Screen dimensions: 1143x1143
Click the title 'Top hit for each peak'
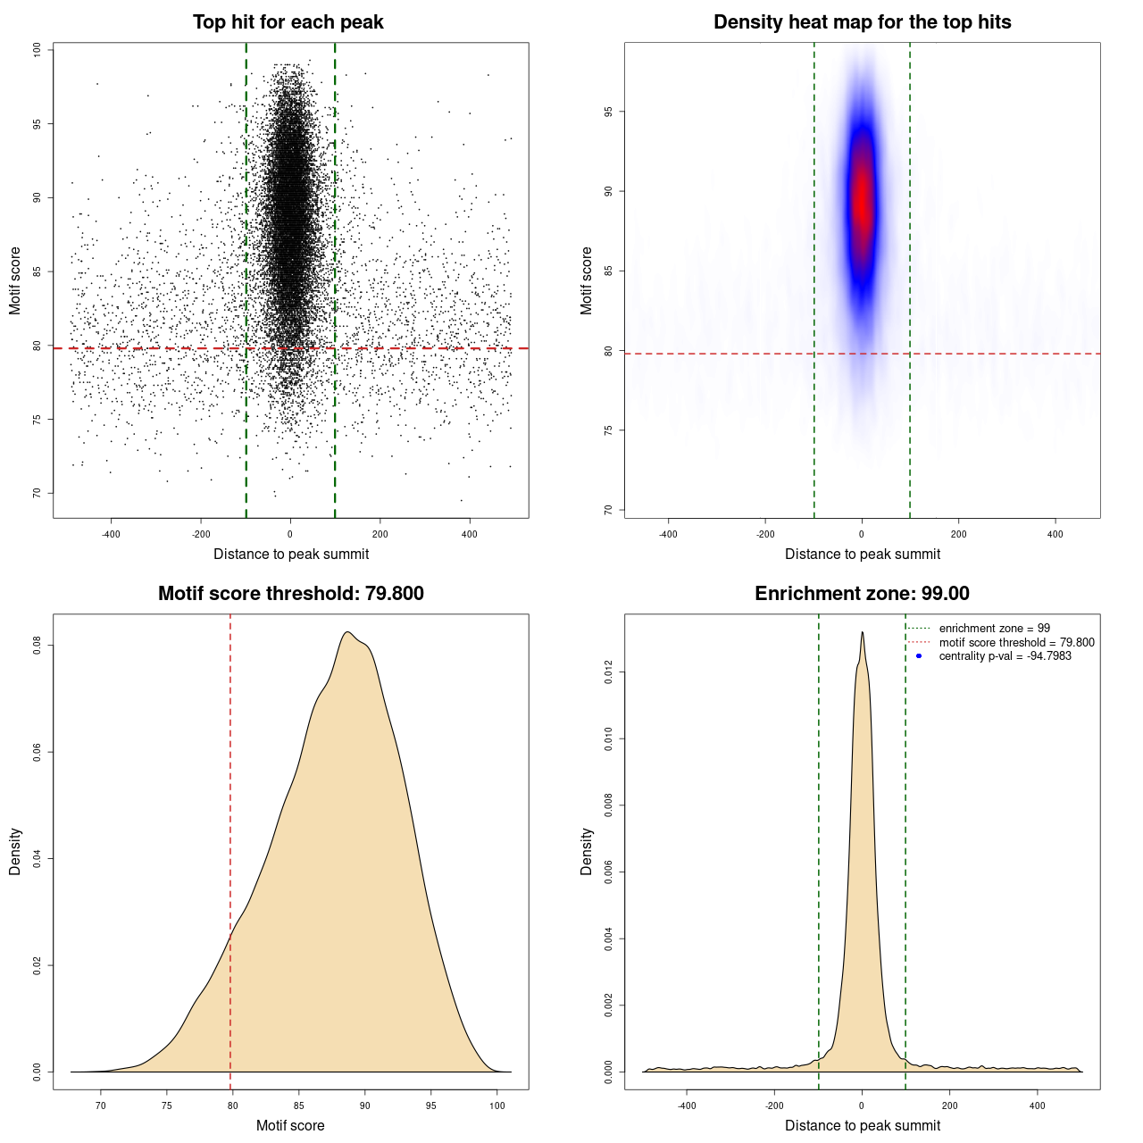click(288, 22)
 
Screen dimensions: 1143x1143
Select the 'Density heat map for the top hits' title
click(862, 22)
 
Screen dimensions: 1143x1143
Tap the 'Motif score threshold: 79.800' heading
click(290, 594)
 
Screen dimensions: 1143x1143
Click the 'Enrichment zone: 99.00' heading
click(862, 594)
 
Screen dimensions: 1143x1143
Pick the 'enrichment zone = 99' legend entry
click(994, 629)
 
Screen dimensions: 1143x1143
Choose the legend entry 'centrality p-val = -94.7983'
click(1005, 656)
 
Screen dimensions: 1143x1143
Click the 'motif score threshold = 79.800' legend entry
click(1016, 643)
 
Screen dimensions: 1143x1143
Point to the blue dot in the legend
click(919, 656)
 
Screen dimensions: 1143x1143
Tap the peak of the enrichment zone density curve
click(862, 632)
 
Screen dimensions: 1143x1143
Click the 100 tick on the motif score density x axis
click(497, 1105)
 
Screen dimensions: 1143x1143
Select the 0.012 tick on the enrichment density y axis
click(609, 672)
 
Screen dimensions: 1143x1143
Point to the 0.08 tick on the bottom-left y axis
click(38, 645)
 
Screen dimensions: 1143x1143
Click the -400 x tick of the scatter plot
click(111, 534)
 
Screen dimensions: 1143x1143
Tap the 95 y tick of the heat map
click(609, 112)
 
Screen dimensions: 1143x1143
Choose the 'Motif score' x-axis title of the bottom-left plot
click(290, 1125)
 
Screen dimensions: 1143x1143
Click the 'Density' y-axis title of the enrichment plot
click(587, 851)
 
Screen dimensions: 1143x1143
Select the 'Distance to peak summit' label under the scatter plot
click(291, 554)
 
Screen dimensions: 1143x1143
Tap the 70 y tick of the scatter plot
click(38, 492)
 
